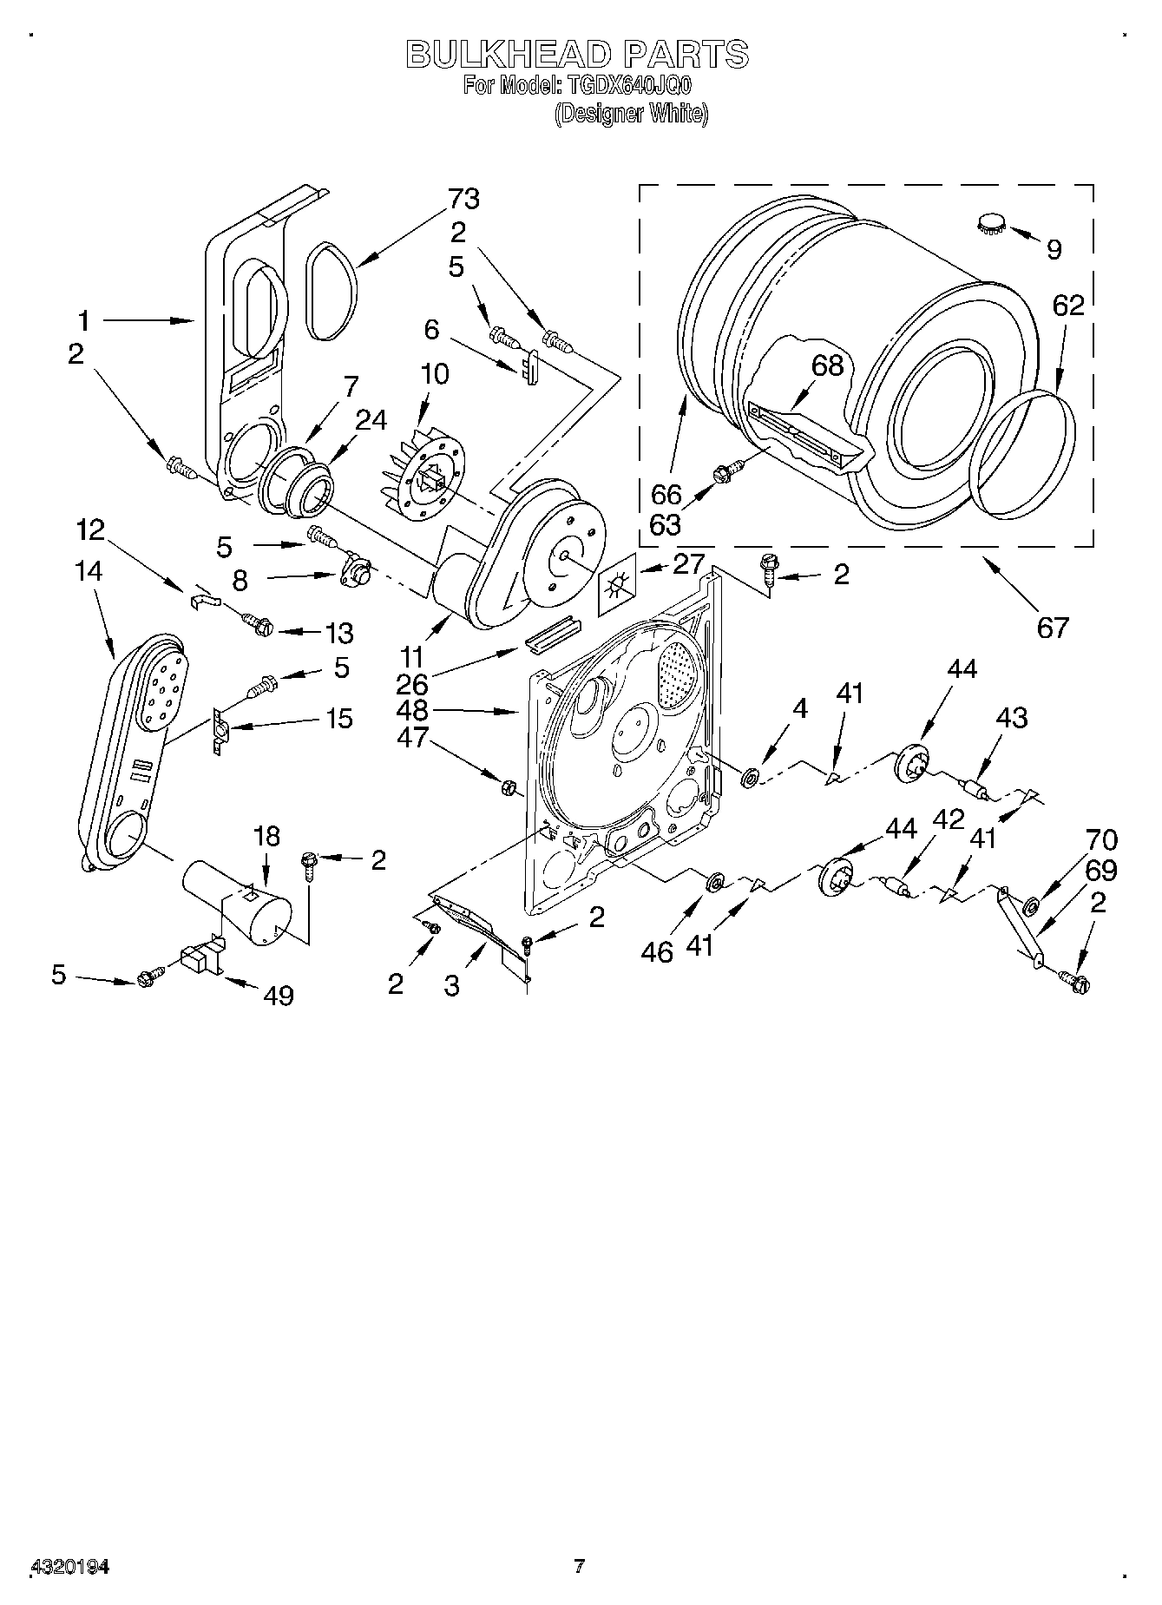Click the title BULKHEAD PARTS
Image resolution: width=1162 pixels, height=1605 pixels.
point(577,54)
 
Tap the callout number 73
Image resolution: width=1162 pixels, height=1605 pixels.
point(463,199)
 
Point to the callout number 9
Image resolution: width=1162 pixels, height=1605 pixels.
point(1054,250)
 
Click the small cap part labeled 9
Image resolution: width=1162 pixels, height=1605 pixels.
point(989,221)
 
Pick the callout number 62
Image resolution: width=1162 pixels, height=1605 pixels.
point(1068,306)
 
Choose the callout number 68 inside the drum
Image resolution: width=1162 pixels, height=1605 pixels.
point(827,365)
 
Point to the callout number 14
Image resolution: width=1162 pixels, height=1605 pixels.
point(89,571)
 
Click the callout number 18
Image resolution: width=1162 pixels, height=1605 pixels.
point(266,836)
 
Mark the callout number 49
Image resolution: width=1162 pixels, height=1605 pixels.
point(278,995)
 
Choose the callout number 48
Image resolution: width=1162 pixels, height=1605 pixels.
point(412,710)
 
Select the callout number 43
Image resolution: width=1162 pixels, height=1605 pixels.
point(1011,717)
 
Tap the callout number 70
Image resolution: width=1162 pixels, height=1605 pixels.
point(1101,839)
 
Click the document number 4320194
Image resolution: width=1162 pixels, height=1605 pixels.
point(70,1568)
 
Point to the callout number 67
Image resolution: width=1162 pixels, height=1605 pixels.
point(1052,626)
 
